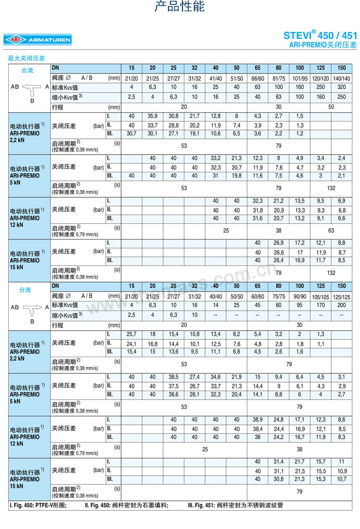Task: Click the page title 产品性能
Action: (180, 7)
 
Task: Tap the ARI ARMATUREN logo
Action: (37, 40)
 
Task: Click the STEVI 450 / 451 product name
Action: (320, 35)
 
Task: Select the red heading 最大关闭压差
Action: (26, 58)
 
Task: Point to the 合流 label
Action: (27, 70)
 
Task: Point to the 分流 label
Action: (25, 290)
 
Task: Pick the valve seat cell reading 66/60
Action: (258, 78)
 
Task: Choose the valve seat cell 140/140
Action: (342, 78)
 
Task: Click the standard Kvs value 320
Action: (342, 87)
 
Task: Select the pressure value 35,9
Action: (153, 116)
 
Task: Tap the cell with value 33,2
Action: (216, 158)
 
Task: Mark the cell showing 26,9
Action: (278, 243)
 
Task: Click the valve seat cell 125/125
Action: (342, 296)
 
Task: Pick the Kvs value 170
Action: (321, 305)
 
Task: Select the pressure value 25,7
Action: (132, 334)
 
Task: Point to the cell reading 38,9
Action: (258, 420)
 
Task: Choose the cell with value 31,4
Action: (278, 462)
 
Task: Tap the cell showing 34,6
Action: (216, 377)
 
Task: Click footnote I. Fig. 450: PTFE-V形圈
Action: (38, 505)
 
